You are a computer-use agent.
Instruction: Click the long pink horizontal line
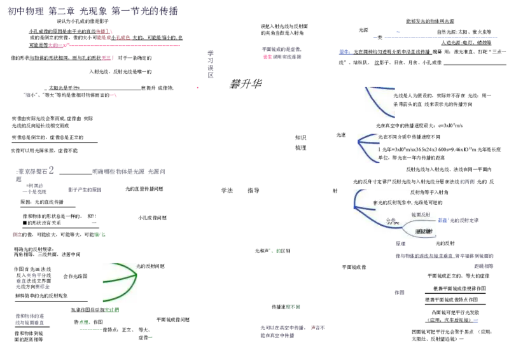121,46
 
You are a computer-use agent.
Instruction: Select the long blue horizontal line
439,38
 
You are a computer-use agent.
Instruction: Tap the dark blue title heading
92,11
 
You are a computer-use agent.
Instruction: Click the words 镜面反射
421,215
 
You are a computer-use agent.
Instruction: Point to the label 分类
391,221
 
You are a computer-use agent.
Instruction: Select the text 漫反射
423,232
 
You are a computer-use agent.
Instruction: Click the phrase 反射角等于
422,192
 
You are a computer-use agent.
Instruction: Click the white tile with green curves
120,282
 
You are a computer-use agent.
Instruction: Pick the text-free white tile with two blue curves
379,104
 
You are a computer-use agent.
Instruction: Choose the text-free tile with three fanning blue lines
368,150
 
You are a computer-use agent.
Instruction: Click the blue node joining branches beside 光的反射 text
354,205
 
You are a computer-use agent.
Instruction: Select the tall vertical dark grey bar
209,63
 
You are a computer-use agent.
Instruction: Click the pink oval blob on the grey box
267,57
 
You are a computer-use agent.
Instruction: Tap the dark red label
16,234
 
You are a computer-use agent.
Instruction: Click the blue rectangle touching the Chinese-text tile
443,220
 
